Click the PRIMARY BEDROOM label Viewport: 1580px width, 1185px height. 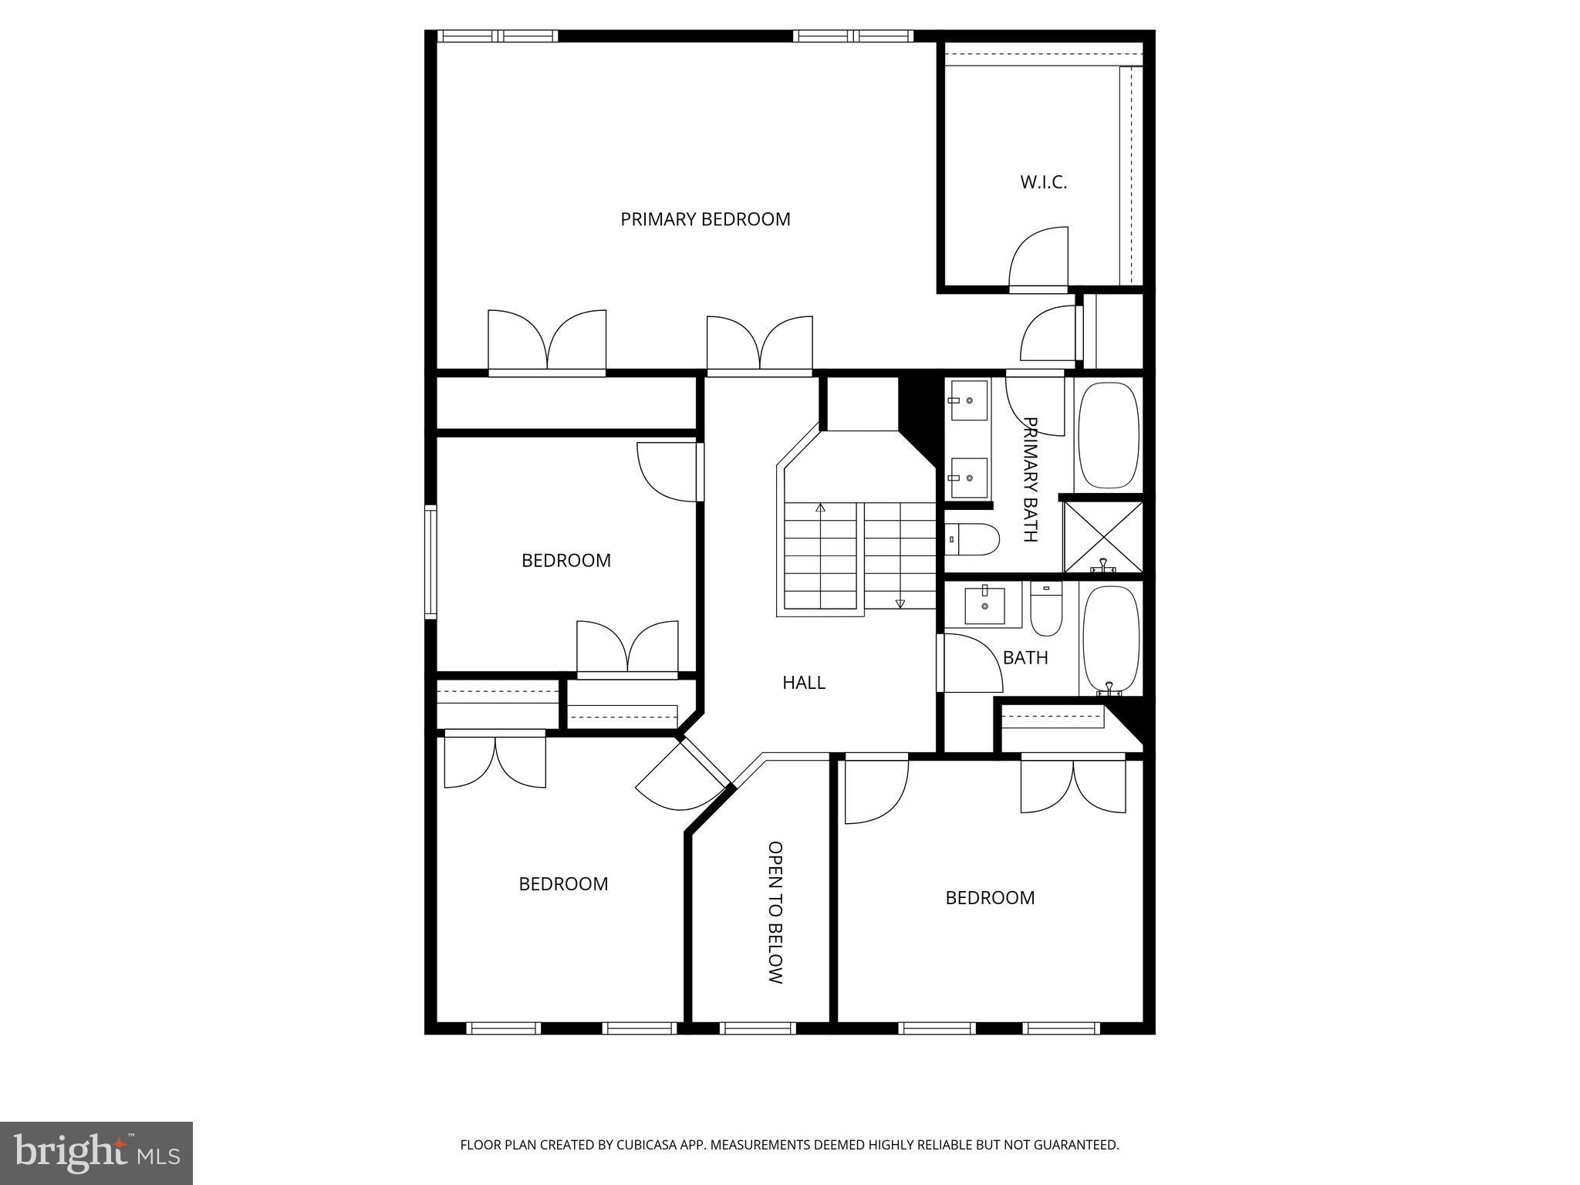[705, 219]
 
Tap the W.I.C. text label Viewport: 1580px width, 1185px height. [1043, 182]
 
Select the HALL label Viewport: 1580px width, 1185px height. [803, 682]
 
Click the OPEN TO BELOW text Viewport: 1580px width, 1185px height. [775, 912]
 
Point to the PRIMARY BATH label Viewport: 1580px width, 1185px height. [1031, 479]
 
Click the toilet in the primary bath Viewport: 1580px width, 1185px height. [972, 538]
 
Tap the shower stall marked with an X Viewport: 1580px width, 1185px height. [1103, 537]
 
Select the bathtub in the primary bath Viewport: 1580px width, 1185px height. [1108, 435]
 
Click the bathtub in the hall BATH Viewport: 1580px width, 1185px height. [1111, 639]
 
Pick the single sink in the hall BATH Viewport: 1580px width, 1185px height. [985, 603]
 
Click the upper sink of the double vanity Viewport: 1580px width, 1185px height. [969, 400]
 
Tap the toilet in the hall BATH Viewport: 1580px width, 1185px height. [1046, 609]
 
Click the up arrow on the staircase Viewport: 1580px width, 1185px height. [820, 508]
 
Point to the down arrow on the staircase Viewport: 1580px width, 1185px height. [900, 603]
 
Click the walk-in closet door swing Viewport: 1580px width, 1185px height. [1038, 258]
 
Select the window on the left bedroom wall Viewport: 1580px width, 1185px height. [430, 562]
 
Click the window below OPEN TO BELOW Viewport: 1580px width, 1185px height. [758, 1028]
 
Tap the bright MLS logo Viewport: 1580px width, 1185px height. [96, 1153]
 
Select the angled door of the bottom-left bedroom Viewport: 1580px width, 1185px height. [679, 771]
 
